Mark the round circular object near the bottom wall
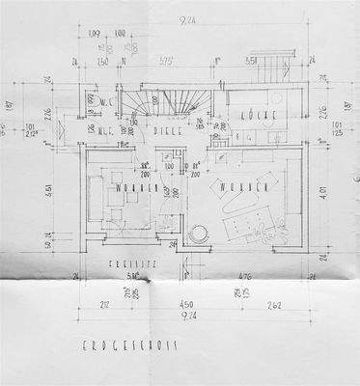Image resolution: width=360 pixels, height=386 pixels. click(201, 234)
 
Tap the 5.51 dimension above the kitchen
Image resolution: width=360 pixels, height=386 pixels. click(250, 60)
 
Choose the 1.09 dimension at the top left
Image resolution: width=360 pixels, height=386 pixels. click(94, 35)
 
